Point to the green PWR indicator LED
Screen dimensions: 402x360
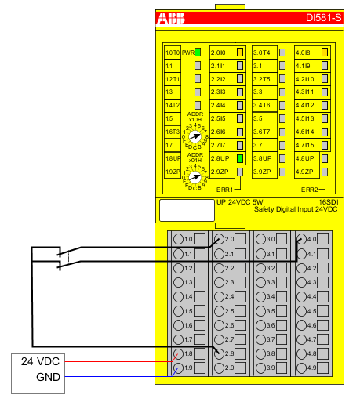pyautogui.click(x=198, y=52)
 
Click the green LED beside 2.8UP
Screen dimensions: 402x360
pyautogui.click(x=241, y=158)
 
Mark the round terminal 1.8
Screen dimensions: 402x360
pyautogui.click(x=179, y=353)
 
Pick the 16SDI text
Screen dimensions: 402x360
pyautogui.click(x=325, y=202)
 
